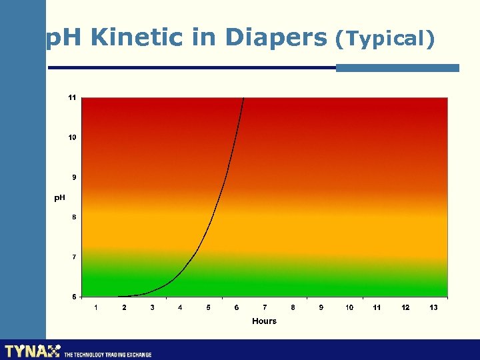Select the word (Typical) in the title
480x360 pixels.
[385, 39]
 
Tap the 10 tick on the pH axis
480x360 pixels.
[72, 137]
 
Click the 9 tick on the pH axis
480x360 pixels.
[73, 177]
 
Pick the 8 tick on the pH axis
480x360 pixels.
[73, 217]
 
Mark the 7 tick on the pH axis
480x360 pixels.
[73, 257]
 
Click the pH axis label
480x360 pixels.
[59, 198]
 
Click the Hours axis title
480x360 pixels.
[264, 321]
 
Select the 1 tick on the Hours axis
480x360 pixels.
[96, 307]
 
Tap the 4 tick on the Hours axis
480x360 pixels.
[180, 307]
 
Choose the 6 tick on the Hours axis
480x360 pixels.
[237, 307]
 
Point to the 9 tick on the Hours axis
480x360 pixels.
[321, 307]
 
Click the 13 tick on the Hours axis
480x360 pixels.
[433, 307]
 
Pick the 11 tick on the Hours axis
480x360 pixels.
[377, 307]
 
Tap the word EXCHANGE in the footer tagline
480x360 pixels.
[137, 355]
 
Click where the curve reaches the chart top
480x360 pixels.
[244, 99]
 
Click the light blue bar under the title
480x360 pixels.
[397, 67]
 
